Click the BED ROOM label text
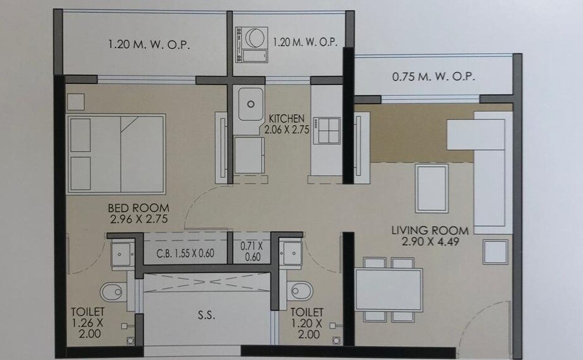[x=138, y=208]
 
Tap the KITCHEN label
[x=287, y=119]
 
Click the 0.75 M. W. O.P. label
[x=433, y=77]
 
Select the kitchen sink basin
[x=251, y=103]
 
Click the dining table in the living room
[x=389, y=289]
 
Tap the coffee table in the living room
[x=431, y=188]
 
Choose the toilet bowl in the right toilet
[x=300, y=291]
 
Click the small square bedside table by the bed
[x=76, y=102]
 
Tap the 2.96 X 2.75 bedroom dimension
[x=138, y=219]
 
